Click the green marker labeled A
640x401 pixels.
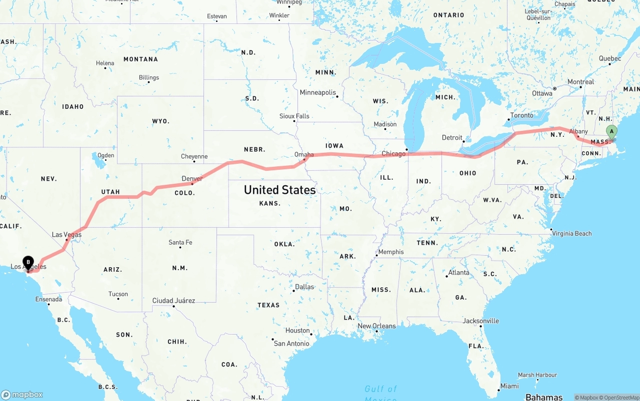611,132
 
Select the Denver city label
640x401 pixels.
192,179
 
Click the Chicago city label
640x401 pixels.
393,154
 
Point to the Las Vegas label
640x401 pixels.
66,235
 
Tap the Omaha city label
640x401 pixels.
304,155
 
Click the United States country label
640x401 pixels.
279,190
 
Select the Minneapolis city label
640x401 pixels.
317,92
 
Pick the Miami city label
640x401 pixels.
509,386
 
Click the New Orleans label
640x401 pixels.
376,326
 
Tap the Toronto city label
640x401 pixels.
521,115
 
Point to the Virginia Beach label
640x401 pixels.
571,233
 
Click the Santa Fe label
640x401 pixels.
180,242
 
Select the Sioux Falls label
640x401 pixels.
294,116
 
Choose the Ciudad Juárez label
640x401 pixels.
173,301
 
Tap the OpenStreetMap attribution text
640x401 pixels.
621,398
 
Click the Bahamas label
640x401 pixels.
544,397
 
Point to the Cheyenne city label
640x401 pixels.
194,156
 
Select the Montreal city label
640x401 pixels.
580,82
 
